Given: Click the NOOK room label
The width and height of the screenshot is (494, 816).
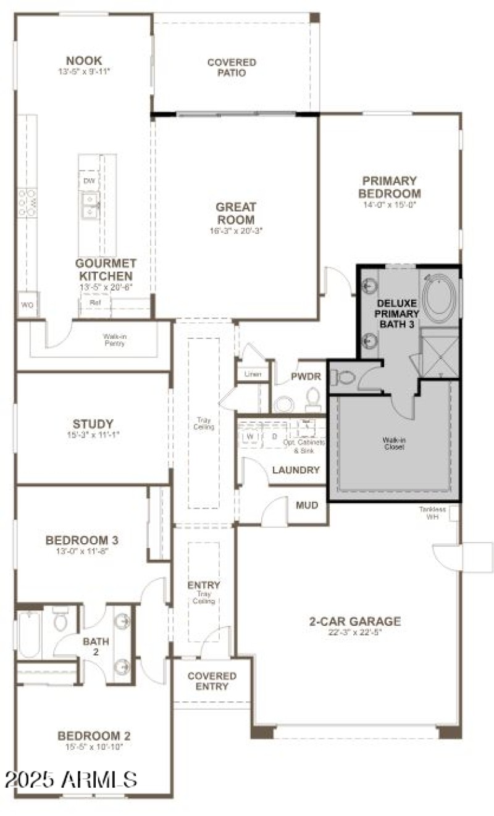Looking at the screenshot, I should tap(84, 60).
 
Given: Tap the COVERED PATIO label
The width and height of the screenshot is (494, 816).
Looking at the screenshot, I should tap(232, 67).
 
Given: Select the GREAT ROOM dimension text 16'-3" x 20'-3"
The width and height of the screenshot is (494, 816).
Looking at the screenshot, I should tap(235, 231).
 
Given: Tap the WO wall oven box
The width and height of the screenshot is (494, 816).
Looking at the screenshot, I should tap(27, 305).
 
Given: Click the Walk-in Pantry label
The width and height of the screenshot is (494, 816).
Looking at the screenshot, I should tap(115, 339).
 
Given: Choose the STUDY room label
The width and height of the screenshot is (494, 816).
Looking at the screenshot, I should tap(93, 424).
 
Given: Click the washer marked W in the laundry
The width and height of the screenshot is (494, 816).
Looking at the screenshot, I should tap(251, 436).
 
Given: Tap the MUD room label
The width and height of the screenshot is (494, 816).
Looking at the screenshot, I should tap(307, 506).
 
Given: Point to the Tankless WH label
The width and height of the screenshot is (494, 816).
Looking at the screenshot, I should tap(432, 512).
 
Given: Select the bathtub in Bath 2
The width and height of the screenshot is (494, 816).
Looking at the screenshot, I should tap(29, 634).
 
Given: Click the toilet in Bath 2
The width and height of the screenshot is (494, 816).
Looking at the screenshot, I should tap(60, 619).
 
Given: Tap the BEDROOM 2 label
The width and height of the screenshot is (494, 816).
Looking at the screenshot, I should tap(94, 736).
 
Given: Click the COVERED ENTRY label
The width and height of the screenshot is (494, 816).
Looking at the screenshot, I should tap(212, 681).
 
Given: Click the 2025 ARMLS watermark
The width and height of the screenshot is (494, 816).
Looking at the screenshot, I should tap(70, 779).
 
